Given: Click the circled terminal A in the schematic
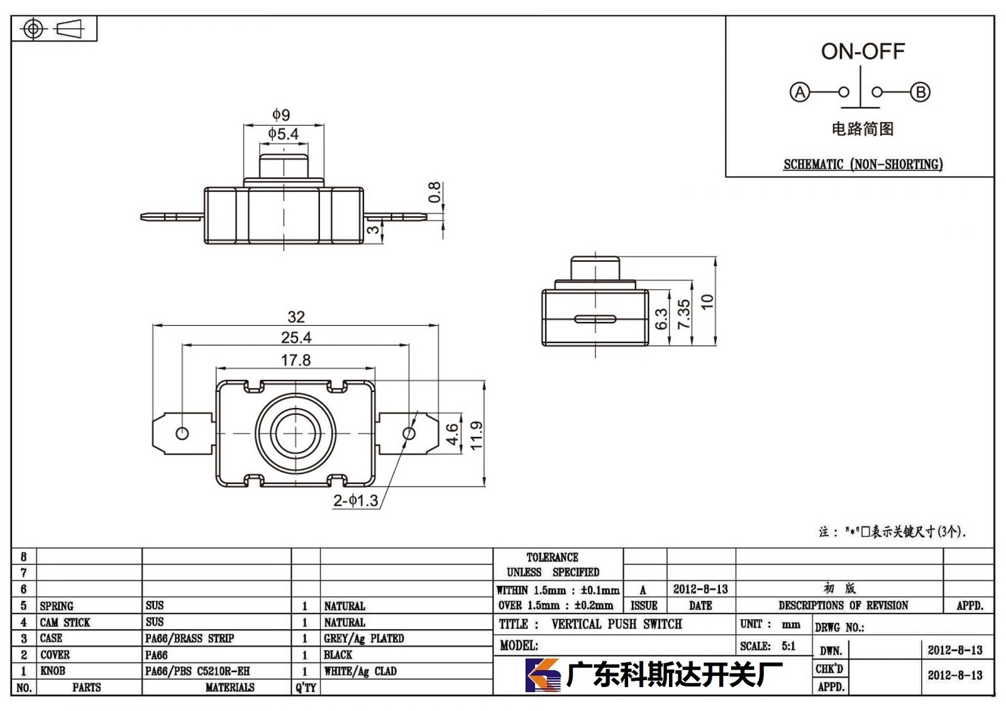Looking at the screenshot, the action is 799,92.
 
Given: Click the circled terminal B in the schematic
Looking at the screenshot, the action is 920,92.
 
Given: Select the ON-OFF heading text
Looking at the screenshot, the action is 863,51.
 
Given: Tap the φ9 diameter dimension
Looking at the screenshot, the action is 282,114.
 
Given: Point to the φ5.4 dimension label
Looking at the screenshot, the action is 284,134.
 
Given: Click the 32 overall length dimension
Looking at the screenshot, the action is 296,317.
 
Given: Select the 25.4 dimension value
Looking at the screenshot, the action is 296,338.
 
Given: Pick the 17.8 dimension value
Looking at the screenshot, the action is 296,360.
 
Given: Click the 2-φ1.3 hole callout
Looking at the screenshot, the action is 356,500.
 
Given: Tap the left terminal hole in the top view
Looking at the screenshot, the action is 182,433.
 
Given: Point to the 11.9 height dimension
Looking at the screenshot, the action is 476,435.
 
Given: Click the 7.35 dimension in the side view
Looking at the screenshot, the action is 683,314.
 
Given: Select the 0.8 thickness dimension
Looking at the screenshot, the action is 434,192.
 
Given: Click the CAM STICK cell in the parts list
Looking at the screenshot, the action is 65,622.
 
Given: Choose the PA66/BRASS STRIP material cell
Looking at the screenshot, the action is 189,638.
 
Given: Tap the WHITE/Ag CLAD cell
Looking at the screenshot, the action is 360,671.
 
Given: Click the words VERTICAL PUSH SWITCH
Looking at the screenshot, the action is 617,624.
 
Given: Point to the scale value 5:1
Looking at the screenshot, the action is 788,646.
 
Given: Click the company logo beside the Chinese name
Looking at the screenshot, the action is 543,674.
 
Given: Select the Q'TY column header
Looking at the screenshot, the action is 306,687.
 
